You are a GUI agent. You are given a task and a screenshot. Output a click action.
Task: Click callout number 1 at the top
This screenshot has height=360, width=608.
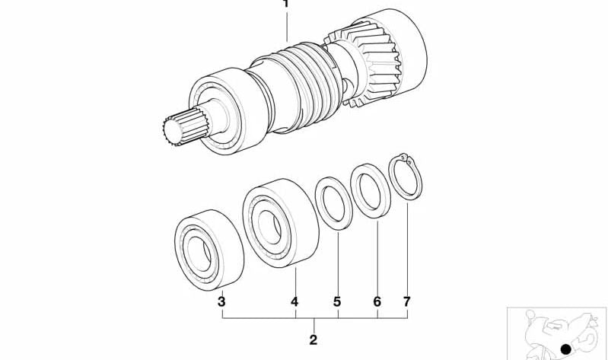pyautogui.click(x=286, y=4)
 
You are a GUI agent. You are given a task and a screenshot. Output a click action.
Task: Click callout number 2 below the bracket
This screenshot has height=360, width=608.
pyautogui.click(x=314, y=339)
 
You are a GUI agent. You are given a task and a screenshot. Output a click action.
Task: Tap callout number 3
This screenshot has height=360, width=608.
pyautogui.click(x=221, y=301)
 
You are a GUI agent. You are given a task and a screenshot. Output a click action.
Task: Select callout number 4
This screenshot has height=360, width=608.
pyautogui.click(x=294, y=301)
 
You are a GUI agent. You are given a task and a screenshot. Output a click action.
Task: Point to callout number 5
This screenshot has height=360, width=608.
pyautogui.click(x=337, y=301)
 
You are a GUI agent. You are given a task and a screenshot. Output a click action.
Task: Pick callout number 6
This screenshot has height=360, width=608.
pyautogui.click(x=377, y=301)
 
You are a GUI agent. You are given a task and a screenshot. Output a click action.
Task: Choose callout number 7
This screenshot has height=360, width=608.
pyautogui.click(x=406, y=301)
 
